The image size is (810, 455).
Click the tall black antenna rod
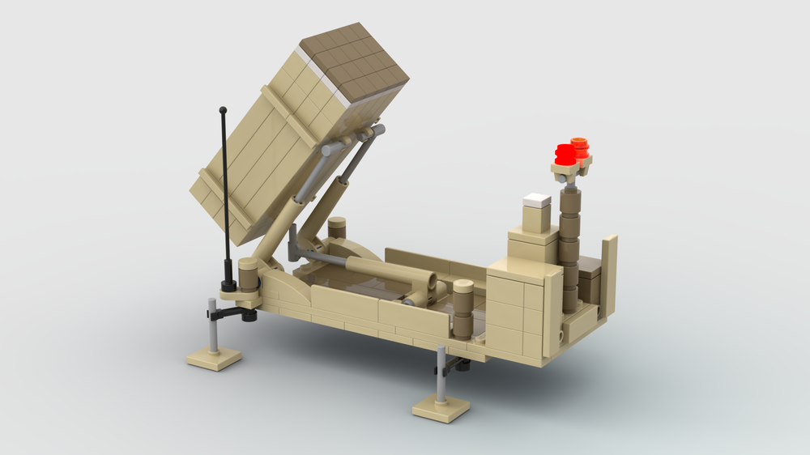[224, 186]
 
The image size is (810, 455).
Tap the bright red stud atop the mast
[565, 154]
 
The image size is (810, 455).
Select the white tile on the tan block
[537, 200]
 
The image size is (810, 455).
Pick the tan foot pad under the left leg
[214, 357]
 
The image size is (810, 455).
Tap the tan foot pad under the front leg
[441, 406]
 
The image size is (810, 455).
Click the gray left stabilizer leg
[212, 324]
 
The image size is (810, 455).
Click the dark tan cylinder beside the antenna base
[249, 275]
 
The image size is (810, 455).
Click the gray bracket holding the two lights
[570, 171]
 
